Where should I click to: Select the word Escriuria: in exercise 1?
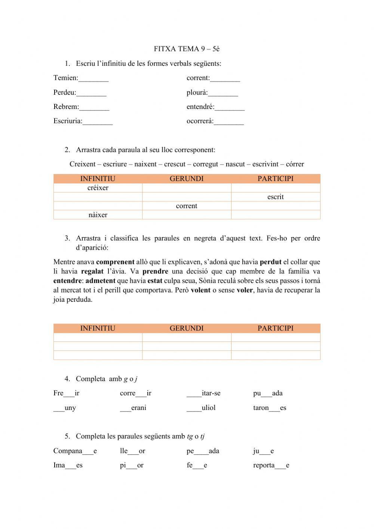point(68,121)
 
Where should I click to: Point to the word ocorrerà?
point(200,121)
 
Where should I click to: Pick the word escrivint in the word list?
point(265,164)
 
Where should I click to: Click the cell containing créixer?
point(98,188)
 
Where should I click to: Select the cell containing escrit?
point(276,197)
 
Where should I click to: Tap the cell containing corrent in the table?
point(187,206)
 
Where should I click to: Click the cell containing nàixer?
point(98,215)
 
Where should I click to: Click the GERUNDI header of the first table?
point(187,179)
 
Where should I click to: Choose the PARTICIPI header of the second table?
point(276,328)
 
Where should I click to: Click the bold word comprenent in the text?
point(115,262)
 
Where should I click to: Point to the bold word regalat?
point(92,271)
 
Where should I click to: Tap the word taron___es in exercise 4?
point(269,408)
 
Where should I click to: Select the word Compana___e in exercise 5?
point(75,451)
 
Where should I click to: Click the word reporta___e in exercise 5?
point(271,465)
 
